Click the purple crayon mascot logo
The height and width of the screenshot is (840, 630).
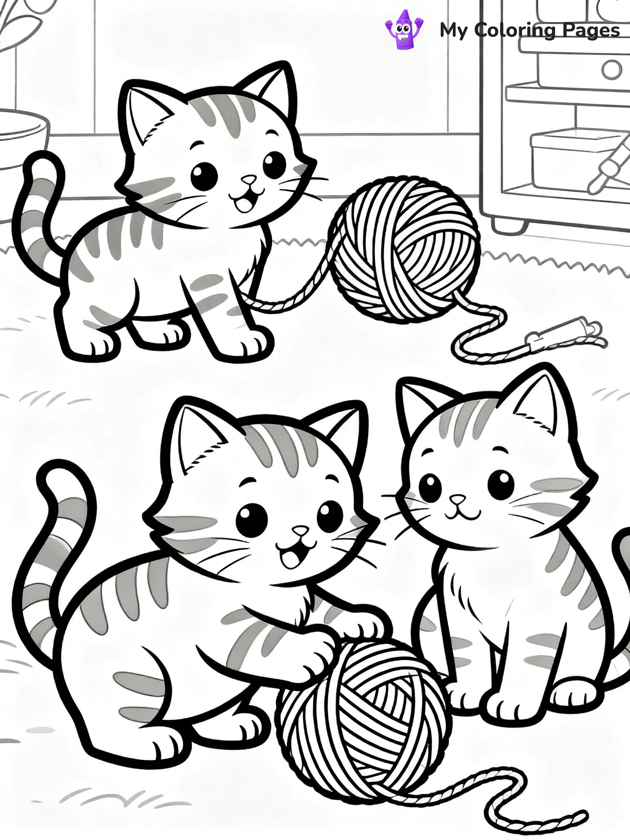tap(403, 30)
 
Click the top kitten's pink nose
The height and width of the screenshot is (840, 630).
tap(249, 179)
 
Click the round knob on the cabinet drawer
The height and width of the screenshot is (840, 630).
tap(611, 70)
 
